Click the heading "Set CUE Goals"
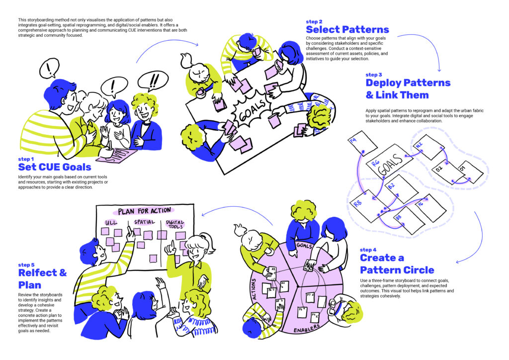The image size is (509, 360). click(55, 167)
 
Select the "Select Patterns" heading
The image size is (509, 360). click(347, 29)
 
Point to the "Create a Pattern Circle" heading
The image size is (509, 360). click(397, 264)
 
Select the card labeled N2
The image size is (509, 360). click(428, 147)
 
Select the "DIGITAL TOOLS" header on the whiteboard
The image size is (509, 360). click(175, 225)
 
